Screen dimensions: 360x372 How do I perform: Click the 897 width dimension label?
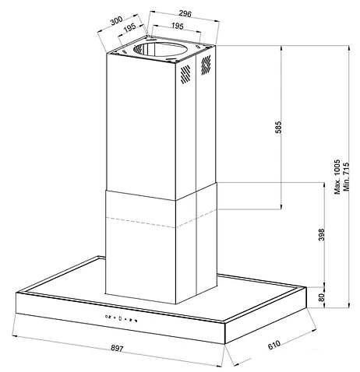point(117,349)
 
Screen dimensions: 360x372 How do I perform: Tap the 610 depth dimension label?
point(274,345)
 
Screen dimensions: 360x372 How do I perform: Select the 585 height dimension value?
point(278,127)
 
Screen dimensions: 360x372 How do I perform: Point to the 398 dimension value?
point(322,234)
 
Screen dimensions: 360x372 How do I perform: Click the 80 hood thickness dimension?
point(322,297)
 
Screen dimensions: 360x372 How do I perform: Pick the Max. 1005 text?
point(337,177)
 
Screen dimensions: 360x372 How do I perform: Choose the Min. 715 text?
point(346,177)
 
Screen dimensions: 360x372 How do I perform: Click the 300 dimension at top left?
point(116,20)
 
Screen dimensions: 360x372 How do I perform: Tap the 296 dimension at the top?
point(185,13)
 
